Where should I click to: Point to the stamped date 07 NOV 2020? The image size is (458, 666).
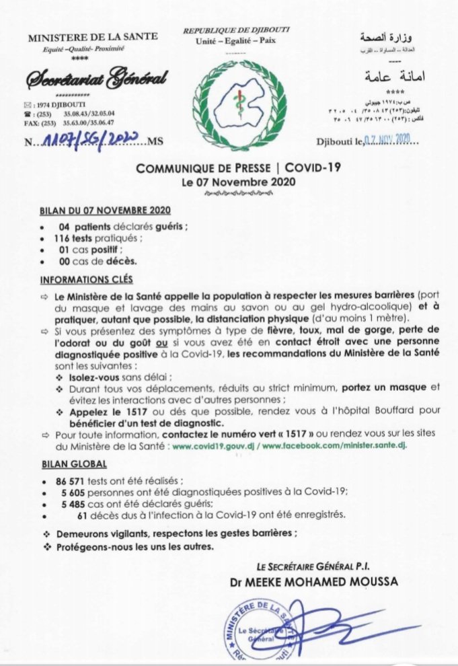pyautogui.click(x=390, y=139)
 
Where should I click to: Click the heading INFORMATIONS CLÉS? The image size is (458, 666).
pyautogui.click(x=87, y=279)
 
